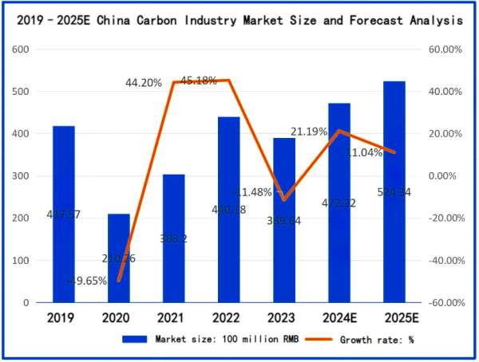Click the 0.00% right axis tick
444,176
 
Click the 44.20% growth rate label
143,82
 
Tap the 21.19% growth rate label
309,132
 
